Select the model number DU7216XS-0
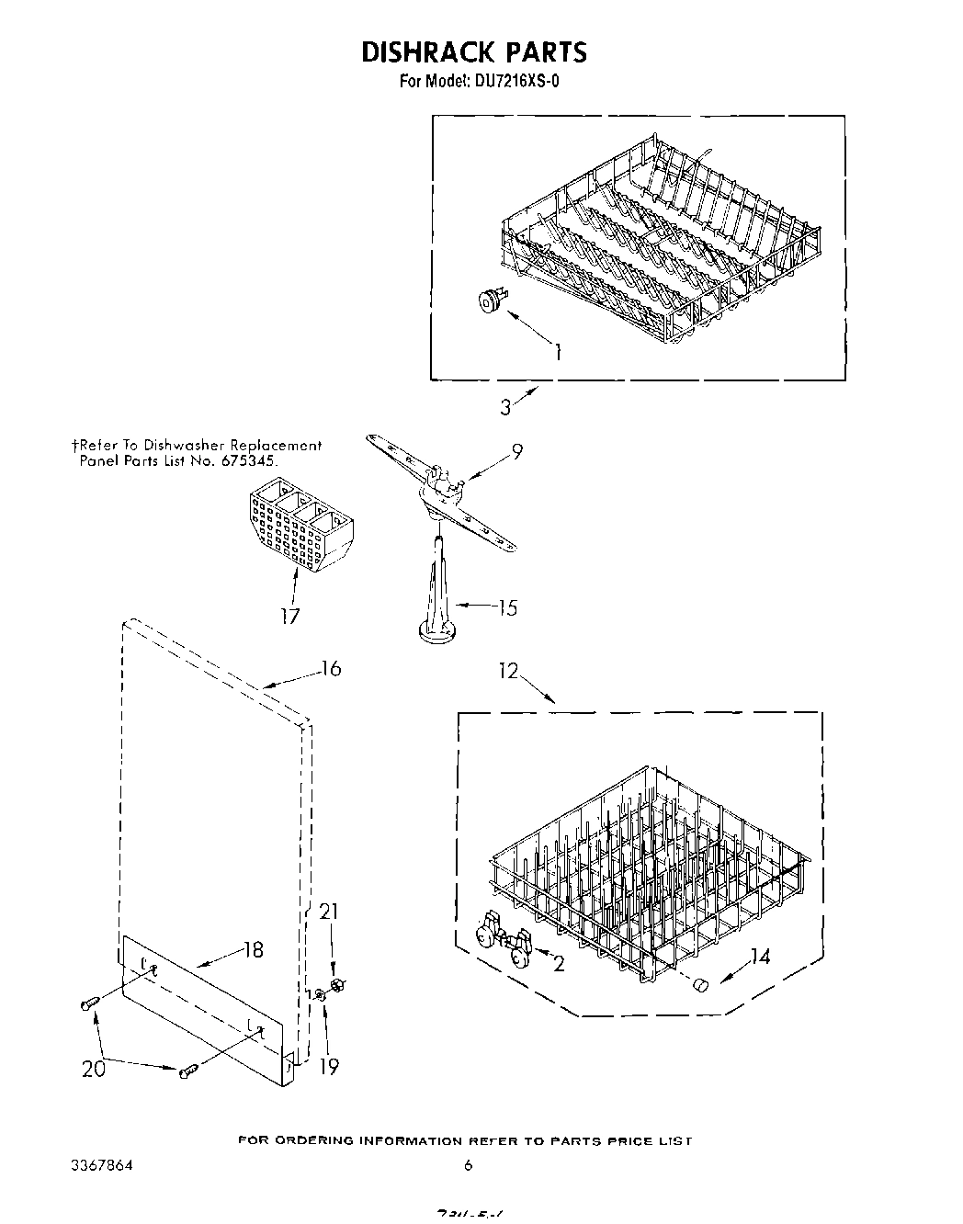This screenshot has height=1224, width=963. tap(517, 81)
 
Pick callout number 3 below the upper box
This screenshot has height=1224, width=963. tap(505, 407)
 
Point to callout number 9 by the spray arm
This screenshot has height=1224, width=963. tap(517, 451)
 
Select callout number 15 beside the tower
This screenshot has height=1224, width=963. tap(506, 607)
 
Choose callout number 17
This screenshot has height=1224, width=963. tap(290, 616)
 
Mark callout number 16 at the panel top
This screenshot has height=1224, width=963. tap(330, 669)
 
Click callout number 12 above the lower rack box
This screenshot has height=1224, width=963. tap(509, 672)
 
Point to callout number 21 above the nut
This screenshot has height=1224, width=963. tap(328, 912)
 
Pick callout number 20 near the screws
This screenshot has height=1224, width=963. tap(94, 1069)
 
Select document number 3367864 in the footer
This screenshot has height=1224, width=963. tap(101, 1164)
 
